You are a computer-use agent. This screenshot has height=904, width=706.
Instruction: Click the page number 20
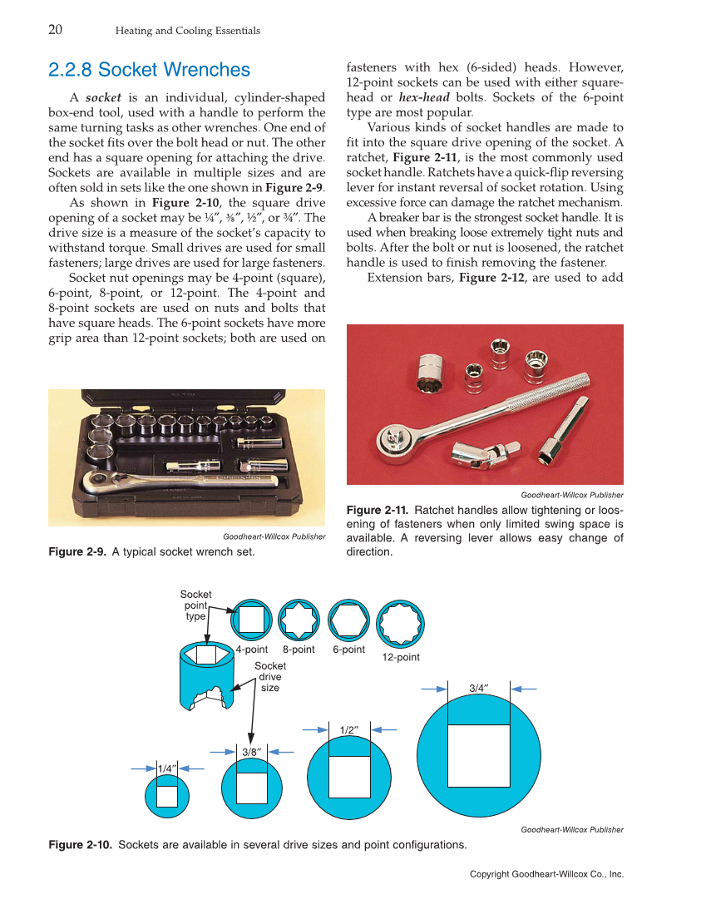coord(56,30)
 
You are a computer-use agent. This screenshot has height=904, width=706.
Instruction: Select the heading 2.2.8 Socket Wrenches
coord(149,70)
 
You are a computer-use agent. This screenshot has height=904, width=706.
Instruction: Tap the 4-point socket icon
coord(251,620)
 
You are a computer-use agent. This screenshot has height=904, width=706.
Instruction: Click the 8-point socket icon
coord(299,620)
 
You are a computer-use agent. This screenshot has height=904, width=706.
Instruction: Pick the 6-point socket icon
coord(348,620)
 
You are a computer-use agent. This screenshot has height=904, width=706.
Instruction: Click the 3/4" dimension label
coord(478,688)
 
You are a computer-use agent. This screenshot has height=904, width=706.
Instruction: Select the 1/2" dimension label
coord(349,729)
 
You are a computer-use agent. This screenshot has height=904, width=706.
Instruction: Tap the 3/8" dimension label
coord(252,751)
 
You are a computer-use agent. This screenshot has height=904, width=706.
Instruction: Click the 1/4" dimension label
coord(166,769)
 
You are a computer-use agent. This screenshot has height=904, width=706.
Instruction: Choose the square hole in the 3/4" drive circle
coord(478,755)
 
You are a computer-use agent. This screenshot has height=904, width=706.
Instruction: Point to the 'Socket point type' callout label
coord(196,605)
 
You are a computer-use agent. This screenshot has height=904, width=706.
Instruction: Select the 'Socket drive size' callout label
coord(269,676)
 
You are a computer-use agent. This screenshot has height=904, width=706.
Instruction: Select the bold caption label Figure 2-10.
coord(81,845)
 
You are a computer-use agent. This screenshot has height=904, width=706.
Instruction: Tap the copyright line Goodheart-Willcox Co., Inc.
coord(546,874)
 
